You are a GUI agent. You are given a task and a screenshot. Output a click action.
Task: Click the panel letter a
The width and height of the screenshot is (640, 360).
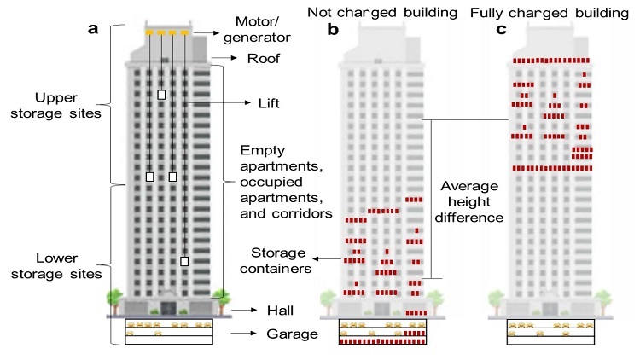(x=93, y=29)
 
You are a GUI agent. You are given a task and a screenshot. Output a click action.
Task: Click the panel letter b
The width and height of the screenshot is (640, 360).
(x=333, y=29)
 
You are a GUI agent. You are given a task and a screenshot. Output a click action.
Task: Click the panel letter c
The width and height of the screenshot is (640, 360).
(x=501, y=29)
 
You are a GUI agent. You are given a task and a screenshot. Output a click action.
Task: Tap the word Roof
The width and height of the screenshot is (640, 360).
(x=264, y=58)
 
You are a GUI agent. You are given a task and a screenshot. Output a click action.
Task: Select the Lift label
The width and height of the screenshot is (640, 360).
(x=269, y=103)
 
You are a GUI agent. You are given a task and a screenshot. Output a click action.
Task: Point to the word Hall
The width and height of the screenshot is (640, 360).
(x=280, y=311)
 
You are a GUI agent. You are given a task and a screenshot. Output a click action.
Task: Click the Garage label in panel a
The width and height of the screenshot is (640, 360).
(x=292, y=334)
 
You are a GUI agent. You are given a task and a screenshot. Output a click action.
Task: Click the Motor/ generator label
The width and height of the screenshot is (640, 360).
(x=257, y=29)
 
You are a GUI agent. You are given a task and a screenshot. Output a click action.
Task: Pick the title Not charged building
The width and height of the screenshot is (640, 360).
(x=382, y=12)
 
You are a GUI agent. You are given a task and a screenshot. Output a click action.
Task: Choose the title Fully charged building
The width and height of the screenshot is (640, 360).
(x=550, y=13)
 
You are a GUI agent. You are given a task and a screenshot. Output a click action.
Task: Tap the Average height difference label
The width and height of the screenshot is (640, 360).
(x=469, y=201)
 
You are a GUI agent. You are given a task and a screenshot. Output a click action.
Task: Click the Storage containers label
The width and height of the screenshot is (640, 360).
(x=276, y=260)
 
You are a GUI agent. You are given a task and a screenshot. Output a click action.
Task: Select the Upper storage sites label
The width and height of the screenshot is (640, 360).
(x=56, y=105)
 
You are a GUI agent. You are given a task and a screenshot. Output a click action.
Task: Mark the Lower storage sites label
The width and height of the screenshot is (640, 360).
(x=56, y=265)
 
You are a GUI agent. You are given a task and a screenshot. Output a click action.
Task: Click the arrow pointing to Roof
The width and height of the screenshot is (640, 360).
(x=224, y=58)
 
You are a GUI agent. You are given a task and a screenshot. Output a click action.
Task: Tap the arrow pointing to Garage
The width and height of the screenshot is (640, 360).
(x=244, y=334)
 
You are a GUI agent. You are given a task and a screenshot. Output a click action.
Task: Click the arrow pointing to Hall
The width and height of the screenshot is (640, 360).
(x=244, y=311)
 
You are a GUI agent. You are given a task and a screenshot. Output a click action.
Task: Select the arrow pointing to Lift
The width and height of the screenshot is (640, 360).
(x=218, y=103)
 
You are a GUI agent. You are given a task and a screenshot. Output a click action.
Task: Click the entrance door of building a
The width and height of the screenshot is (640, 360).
(x=168, y=308)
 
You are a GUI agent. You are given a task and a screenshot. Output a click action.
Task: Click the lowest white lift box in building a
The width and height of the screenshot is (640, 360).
(x=184, y=261)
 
